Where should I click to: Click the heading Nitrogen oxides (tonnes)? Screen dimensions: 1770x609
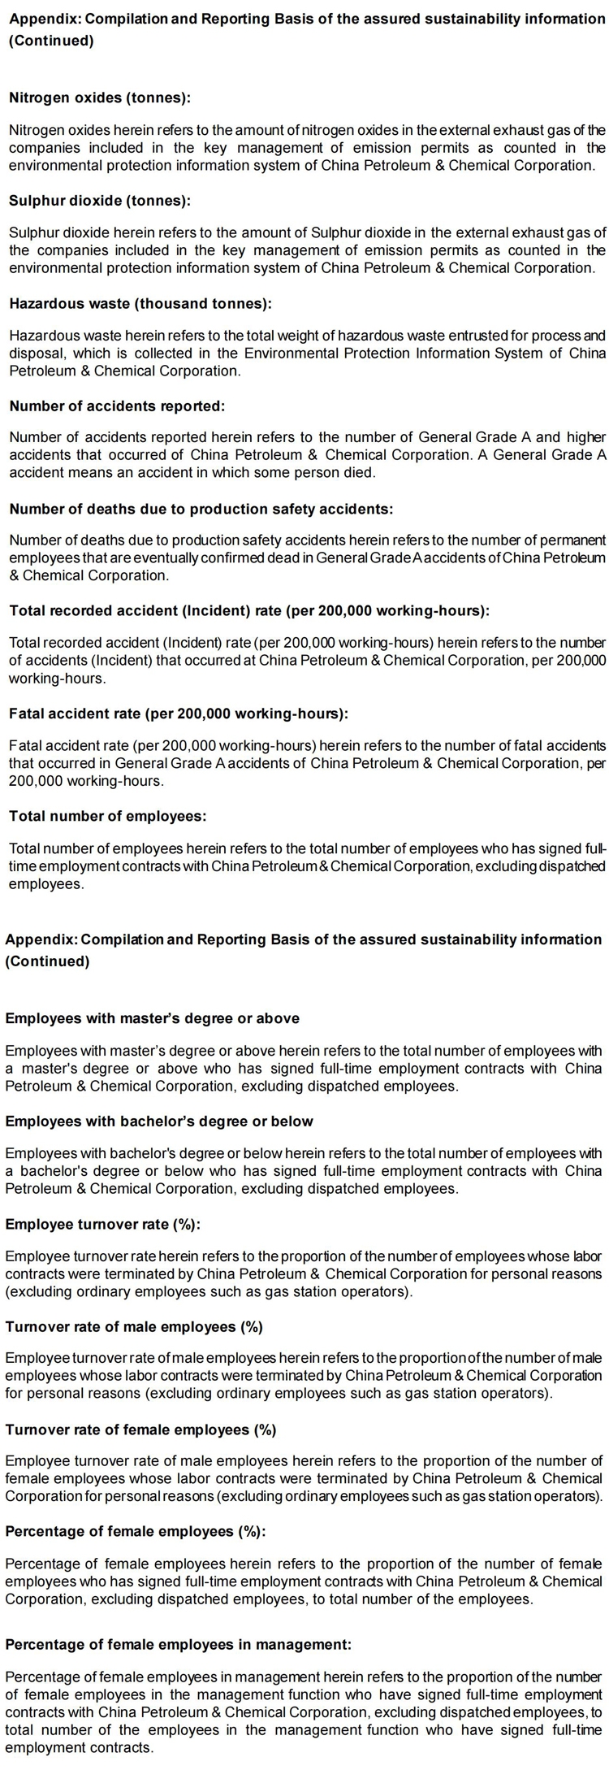coord(100,98)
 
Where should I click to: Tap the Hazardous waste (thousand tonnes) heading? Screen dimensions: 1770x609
coord(140,304)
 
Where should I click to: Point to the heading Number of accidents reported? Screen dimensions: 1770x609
coord(117,406)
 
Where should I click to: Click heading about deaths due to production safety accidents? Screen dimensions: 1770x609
coord(201,510)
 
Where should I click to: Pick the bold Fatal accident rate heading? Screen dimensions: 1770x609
coord(179,714)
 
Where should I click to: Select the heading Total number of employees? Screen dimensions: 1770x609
coord(107,816)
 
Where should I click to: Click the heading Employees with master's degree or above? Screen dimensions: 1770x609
coord(153,1018)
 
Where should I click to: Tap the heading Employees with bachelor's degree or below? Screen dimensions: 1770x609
coord(159,1121)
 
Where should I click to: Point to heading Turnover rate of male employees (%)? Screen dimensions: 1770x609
coord(134,1327)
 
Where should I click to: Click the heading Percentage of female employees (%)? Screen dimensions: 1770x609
coord(136,1532)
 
